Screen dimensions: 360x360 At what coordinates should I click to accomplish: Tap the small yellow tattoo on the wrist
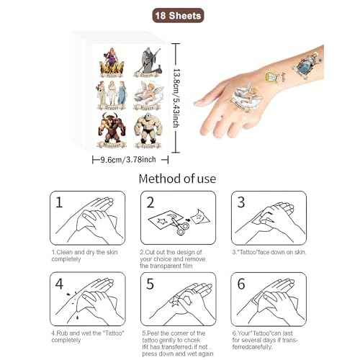point(273,76)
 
